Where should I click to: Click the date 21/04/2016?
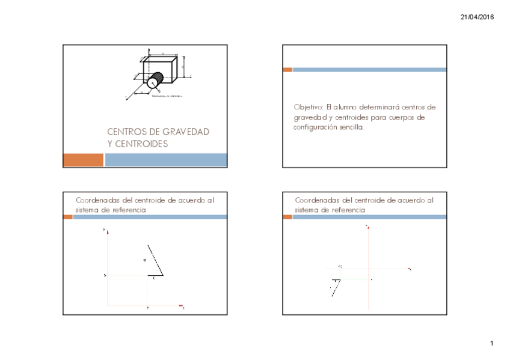[477, 17]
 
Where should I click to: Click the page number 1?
[491, 343]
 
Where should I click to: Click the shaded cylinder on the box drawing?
[156, 79]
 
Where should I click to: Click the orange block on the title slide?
[83, 160]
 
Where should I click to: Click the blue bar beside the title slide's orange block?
[166, 160]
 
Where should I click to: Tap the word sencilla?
[353, 127]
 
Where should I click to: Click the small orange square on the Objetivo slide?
[287, 70]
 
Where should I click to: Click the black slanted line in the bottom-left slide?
[155, 260]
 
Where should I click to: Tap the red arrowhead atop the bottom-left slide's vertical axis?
[107, 230]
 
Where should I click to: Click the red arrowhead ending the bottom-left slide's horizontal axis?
[180, 306]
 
